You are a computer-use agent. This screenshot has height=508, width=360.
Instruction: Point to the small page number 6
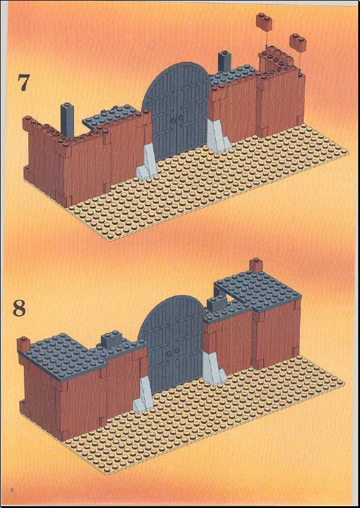[x=12, y=489]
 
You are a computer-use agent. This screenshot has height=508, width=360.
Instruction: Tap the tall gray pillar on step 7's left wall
[x=67, y=120]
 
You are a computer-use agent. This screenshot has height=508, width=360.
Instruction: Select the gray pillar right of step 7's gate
[x=224, y=61]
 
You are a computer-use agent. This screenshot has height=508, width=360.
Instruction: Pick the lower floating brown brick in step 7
[x=298, y=41]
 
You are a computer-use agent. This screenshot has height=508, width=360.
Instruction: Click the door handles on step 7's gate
[x=177, y=120]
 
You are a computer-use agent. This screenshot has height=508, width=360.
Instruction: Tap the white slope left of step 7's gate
[x=147, y=161]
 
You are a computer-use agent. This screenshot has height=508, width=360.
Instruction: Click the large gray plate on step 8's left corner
[x=66, y=354]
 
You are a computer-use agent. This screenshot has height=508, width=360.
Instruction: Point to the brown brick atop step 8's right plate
[x=255, y=265]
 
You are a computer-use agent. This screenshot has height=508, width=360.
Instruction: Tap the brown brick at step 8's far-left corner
[x=23, y=344]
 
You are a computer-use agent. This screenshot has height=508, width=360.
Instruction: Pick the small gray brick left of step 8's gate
[x=112, y=339]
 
